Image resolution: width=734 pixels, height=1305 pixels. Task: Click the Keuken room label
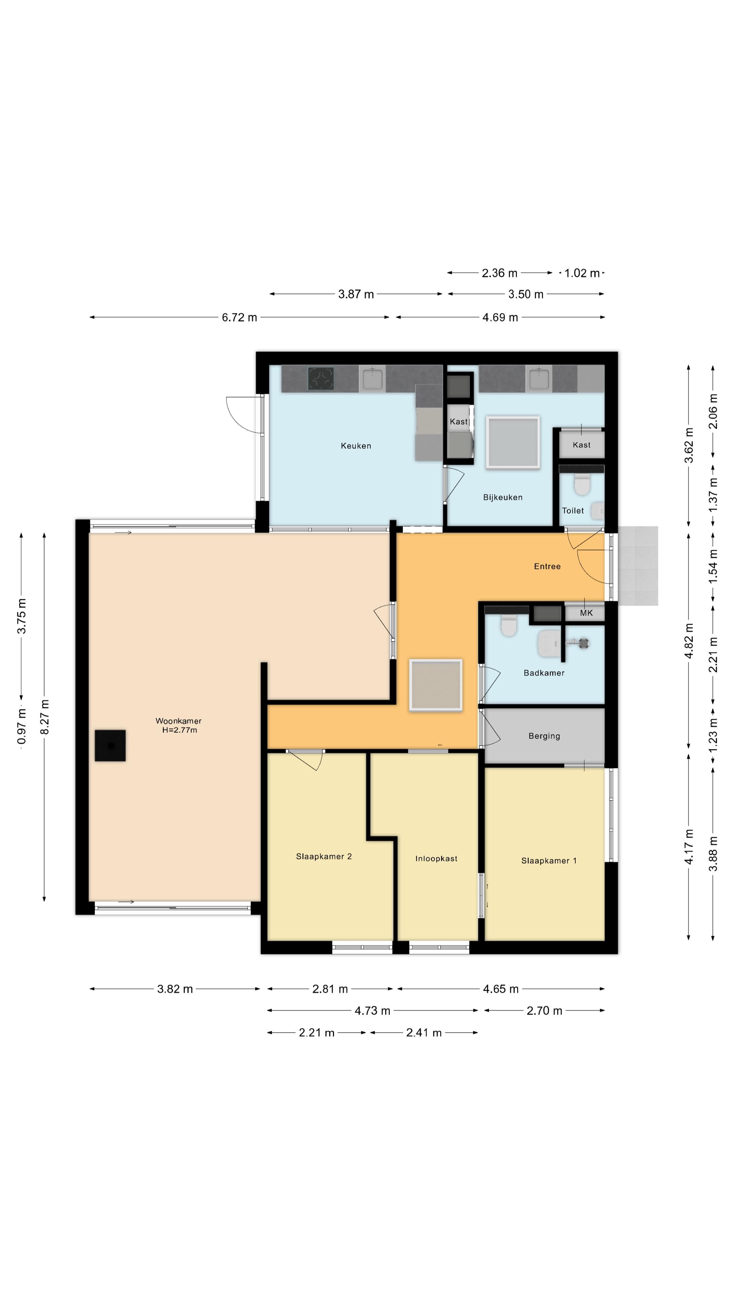[x=355, y=446]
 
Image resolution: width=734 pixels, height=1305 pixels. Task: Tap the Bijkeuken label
[x=503, y=498]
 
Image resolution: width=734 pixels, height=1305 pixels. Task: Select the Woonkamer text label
[x=178, y=720]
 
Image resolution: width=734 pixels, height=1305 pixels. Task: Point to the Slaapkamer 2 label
[x=324, y=856]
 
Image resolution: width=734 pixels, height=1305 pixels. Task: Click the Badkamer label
[x=544, y=673]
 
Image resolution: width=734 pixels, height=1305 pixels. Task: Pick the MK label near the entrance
[x=586, y=613]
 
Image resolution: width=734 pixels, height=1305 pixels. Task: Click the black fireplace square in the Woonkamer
[x=110, y=745]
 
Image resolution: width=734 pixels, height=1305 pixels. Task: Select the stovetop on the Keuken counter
[x=321, y=379]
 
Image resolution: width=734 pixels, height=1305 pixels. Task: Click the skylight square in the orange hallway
[x=436, y=685]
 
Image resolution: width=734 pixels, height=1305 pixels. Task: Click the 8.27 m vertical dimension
[x=45, y=717]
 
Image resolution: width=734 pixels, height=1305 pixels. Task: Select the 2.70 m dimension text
[x=544, y=1011]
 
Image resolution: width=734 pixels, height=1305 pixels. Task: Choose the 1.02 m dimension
[x=582, y=273]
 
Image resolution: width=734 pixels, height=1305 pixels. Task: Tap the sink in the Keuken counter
[x=372, y=379]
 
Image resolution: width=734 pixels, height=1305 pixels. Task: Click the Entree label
[x=547, y=567]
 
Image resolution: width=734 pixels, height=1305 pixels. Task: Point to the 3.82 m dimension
[x=175, y=989]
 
